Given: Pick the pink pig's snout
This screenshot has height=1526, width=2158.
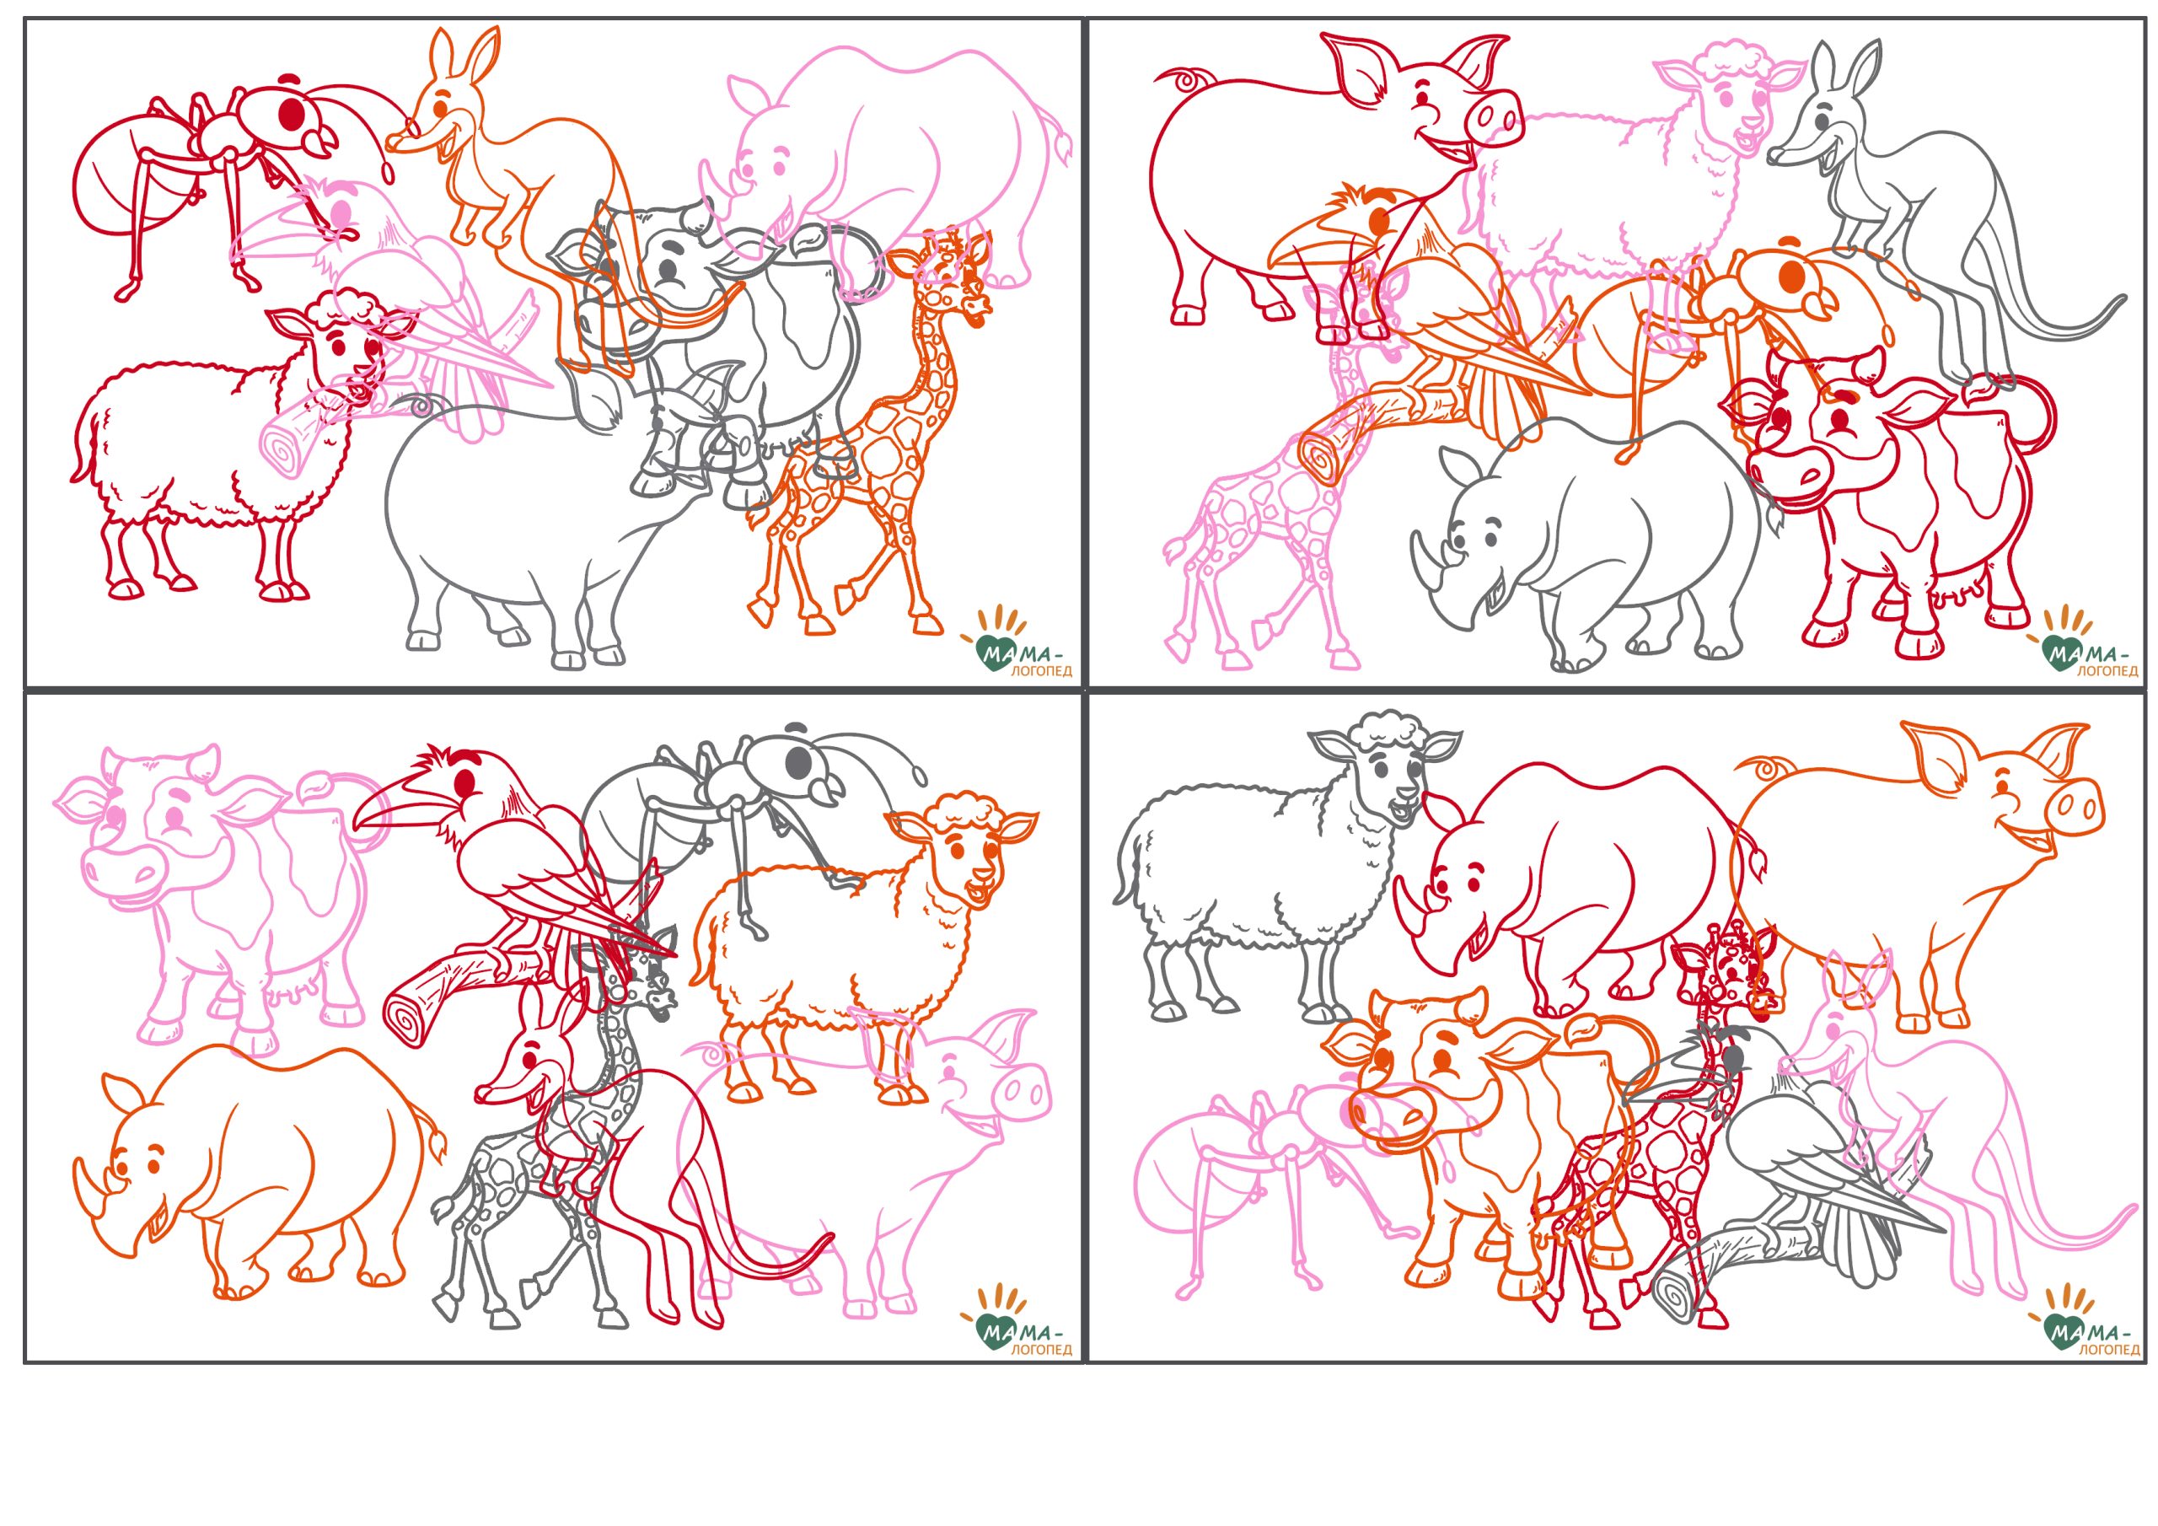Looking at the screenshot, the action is [1021, 1092].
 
